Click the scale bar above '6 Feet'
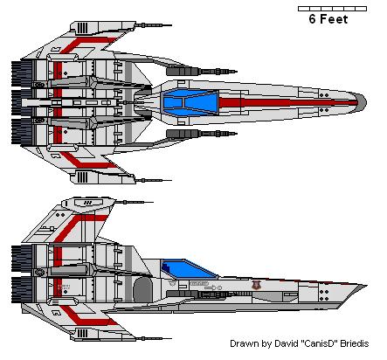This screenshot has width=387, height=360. [x=332, y=9]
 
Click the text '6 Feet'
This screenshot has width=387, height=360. [x=328, y=19]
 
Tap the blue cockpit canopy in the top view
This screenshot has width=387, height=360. [x=190, y=102]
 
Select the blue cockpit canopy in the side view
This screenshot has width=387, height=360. [x=189, y=268]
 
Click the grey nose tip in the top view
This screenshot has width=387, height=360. [x=363, y=102]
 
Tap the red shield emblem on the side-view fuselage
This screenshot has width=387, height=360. [x=255, y=285]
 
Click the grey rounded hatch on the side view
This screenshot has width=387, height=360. [x=142, y=289]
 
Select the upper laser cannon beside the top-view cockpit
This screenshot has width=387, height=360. [x=201, y=71]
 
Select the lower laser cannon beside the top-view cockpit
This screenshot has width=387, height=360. [x=201, y=134]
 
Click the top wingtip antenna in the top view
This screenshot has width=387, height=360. [x=153, y=25]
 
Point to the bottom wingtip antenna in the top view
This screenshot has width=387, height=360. [x=153, y=181]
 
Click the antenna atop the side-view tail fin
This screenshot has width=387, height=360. [x=134, y=202]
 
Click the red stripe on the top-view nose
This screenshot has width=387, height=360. [x=288, y=102]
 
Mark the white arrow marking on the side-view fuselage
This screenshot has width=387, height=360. [x=211, y=287]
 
